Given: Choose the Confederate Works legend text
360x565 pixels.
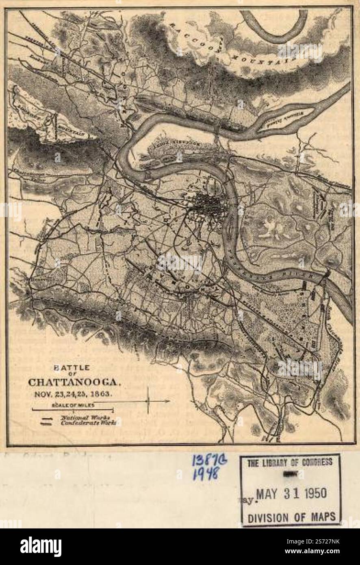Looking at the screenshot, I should (89, 423).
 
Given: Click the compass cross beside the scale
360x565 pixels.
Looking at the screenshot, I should (149, 401).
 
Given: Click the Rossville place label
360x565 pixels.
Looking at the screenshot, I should (39, 280).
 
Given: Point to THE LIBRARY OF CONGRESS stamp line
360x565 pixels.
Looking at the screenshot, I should (290, 462).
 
